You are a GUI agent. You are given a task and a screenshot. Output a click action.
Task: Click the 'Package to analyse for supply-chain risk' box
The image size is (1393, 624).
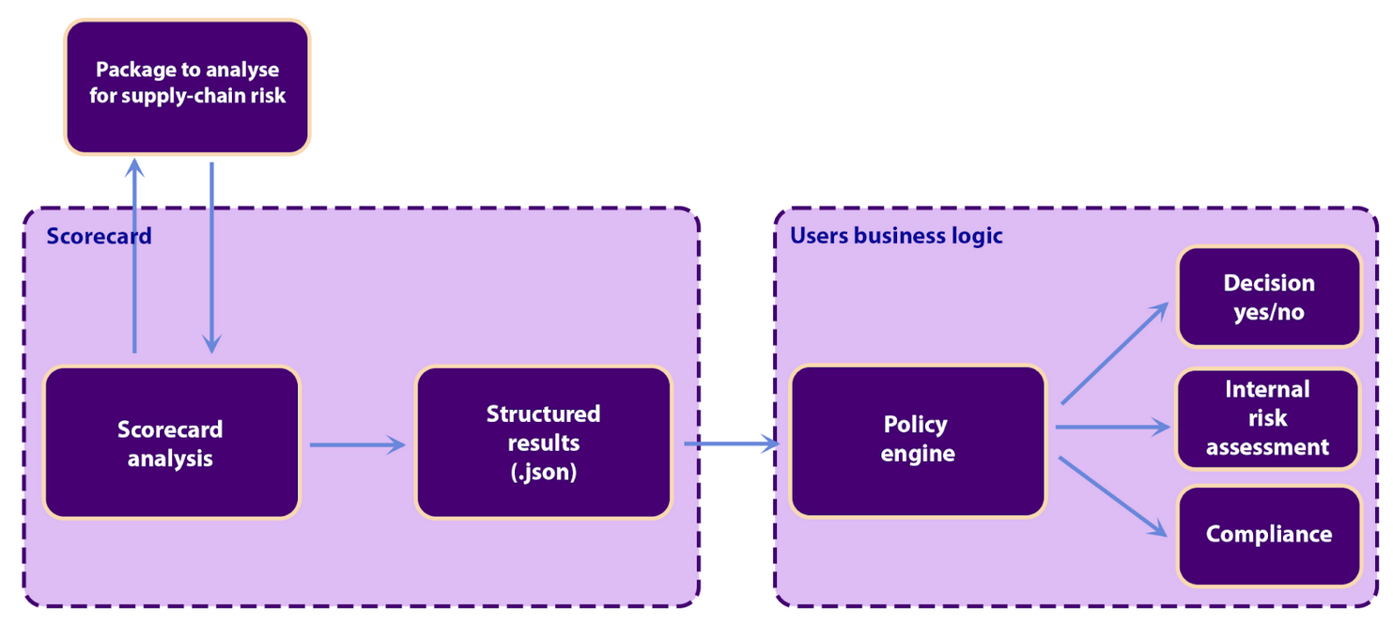click(186, 86)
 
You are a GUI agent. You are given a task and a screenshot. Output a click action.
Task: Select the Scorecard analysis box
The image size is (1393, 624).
click(171, 443)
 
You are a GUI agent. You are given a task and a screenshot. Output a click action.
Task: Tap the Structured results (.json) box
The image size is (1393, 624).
click(543, 442)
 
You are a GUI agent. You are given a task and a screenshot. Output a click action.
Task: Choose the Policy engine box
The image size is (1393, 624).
click(918, 440)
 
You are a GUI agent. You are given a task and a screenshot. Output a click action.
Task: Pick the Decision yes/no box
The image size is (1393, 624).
click(1268, 297)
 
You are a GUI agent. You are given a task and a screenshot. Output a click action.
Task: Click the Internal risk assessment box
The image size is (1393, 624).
click(1268, 418)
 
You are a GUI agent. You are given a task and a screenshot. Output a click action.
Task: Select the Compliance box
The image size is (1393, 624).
click(1268, 535)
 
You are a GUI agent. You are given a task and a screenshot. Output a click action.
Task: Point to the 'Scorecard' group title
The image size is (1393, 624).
click(99, 235)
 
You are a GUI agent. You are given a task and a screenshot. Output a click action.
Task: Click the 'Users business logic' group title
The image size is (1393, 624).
click(896, 235)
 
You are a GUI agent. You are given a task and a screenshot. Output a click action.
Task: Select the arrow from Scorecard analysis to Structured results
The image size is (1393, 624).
click(357, 445)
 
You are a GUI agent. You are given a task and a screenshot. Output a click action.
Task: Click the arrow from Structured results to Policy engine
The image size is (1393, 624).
click(732, 444)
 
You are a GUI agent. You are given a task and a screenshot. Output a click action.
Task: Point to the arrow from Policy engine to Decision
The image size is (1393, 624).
click(1114, 354)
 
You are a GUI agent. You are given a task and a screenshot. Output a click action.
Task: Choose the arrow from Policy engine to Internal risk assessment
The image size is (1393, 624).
click(1112, 427)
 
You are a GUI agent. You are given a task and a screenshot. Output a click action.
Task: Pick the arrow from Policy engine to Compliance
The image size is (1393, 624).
click(1113, 497)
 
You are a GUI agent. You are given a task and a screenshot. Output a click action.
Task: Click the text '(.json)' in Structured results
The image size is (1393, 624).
click(543, 471)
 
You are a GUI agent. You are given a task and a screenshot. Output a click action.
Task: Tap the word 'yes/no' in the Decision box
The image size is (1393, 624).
click(1268, 312)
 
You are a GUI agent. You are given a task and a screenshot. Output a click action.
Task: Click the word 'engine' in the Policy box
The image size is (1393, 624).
click(918, 454)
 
